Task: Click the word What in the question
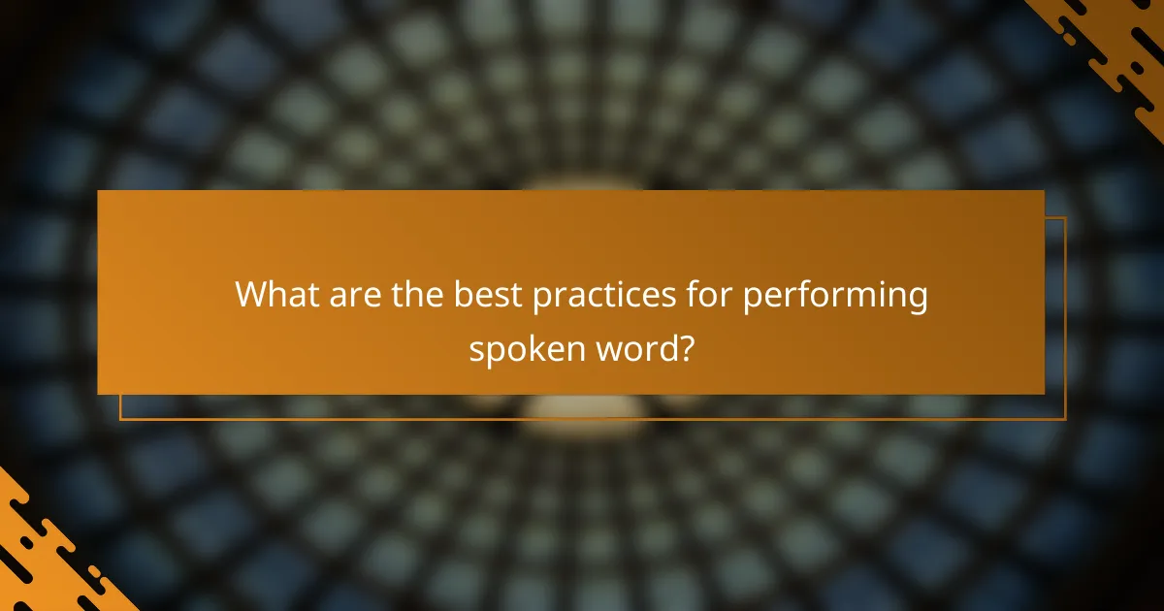point(276,295)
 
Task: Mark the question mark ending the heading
point(685,346)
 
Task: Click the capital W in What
point(253,295)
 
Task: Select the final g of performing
point(917,300)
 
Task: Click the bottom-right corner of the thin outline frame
point(1065,419)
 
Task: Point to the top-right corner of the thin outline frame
point(1065,217)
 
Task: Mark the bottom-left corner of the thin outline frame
point(120,419)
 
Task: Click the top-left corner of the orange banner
point(99,192)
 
